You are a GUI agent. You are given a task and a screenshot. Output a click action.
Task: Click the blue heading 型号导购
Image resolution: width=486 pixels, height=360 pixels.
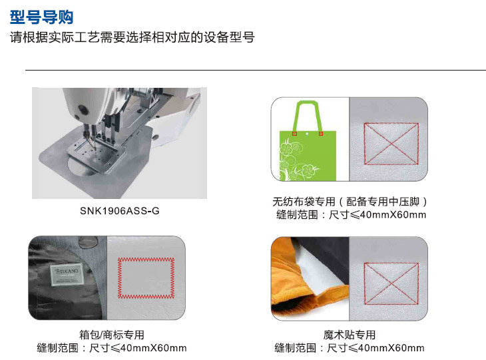point(41,17)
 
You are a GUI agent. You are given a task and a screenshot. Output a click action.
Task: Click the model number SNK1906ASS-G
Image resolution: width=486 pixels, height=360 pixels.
point(120,211)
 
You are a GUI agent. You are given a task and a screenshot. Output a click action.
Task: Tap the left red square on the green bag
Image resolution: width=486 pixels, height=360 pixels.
point(294,134)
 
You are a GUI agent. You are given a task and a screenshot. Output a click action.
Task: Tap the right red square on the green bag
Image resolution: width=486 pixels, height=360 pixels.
point(321,134)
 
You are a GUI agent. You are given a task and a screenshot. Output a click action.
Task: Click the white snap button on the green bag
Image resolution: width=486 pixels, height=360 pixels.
point(307,134)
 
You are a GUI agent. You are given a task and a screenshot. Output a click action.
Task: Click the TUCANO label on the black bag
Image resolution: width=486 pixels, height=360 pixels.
point(67,274)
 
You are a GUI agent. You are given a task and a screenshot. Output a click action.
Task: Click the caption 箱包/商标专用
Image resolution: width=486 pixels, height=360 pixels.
point(112,335)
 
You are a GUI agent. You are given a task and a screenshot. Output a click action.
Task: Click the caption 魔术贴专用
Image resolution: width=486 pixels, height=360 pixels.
point(350,335)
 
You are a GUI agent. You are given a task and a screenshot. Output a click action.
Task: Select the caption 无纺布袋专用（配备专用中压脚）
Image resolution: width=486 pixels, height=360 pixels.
point(350,202)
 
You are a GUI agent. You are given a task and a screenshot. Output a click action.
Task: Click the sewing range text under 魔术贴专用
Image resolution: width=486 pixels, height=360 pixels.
point(350,348)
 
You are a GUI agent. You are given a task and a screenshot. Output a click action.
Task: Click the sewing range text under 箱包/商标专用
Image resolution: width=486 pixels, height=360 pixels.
point(112,348)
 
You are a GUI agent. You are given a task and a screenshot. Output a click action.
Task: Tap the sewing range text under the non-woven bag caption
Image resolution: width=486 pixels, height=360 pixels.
point(351,215)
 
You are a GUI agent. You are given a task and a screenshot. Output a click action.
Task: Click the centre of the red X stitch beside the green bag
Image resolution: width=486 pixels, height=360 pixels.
point(391,144)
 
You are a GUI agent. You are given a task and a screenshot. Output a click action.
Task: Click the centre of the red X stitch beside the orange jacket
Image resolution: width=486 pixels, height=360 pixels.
point(391,283)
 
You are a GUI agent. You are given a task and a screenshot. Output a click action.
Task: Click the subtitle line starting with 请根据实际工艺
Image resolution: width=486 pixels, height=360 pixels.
point(132,37)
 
